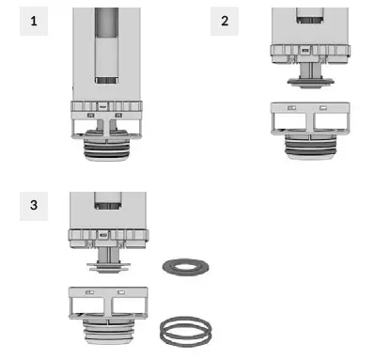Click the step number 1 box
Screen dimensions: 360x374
tap(34, 21)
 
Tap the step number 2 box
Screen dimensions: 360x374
tap(224, 21)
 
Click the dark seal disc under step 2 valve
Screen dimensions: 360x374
tap(307, 82)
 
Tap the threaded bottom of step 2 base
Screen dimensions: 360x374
tap(307, 147)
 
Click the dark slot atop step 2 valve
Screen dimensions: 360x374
tap(307, 16)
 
